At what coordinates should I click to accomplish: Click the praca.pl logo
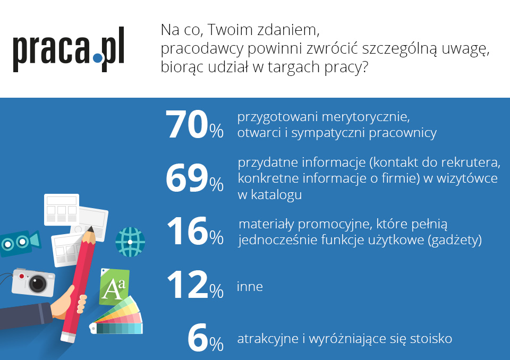69,49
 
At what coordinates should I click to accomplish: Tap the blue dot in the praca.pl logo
97,58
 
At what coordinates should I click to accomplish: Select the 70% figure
194,125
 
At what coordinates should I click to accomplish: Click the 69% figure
194,178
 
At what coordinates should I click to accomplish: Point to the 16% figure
195,231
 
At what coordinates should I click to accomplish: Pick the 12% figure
195,285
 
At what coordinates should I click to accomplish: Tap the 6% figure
206,338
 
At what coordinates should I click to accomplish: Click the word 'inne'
250,287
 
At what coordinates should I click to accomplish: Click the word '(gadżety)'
455,241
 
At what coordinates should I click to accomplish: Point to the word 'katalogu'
276,195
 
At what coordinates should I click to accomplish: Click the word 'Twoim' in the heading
230,30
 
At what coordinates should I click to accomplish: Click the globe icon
130,242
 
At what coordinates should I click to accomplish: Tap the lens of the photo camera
38,284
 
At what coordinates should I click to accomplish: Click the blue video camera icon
20,243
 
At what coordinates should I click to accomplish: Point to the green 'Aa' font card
114,287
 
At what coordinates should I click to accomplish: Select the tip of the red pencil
90,229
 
